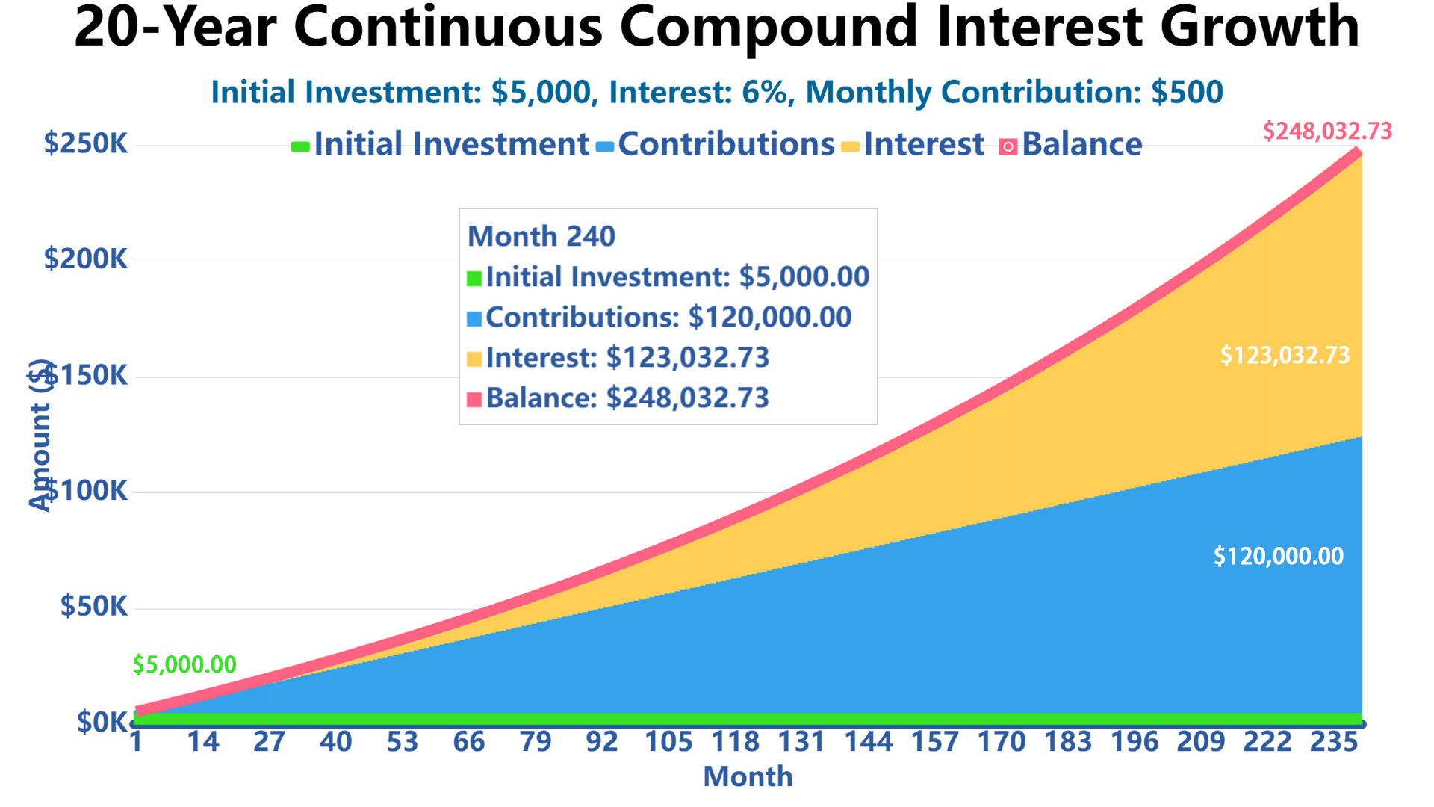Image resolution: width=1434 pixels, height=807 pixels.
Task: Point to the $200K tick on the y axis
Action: [86, 259]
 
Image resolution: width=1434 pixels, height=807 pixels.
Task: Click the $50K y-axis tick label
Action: [94, 607]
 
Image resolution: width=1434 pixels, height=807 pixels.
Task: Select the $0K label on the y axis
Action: [102, 723]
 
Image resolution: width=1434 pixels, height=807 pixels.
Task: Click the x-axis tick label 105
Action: [668, 742]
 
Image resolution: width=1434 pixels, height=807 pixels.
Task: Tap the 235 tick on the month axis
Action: [1334, 742]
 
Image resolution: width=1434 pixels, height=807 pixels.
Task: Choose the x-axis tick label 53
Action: [402, 742]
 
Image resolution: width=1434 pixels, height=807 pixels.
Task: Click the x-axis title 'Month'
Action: [748, 777]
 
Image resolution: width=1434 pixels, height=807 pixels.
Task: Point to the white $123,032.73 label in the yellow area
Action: [1285, 355]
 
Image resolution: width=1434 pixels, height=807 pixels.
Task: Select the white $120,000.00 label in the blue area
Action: [1278, 556]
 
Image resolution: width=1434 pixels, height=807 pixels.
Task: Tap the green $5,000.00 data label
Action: [184, 664]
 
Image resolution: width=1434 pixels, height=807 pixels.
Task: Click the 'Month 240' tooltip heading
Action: [541, 237]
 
